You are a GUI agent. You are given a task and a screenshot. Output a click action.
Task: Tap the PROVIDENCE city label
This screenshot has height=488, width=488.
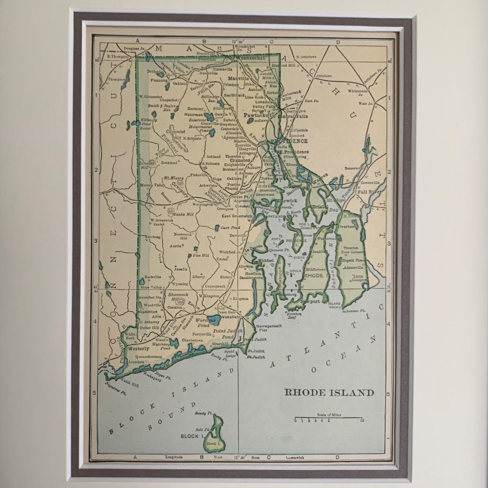289,141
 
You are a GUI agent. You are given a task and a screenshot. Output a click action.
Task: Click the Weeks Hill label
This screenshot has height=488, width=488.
184,214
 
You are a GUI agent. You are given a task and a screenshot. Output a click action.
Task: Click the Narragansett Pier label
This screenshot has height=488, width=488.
269,328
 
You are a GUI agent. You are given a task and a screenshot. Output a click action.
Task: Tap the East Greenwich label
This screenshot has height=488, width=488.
237,216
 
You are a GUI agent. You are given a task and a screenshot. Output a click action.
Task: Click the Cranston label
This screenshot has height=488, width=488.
240,160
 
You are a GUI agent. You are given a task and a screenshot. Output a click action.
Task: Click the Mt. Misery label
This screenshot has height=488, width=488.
174,178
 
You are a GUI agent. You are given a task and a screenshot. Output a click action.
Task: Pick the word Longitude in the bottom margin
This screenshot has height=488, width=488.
174,457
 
